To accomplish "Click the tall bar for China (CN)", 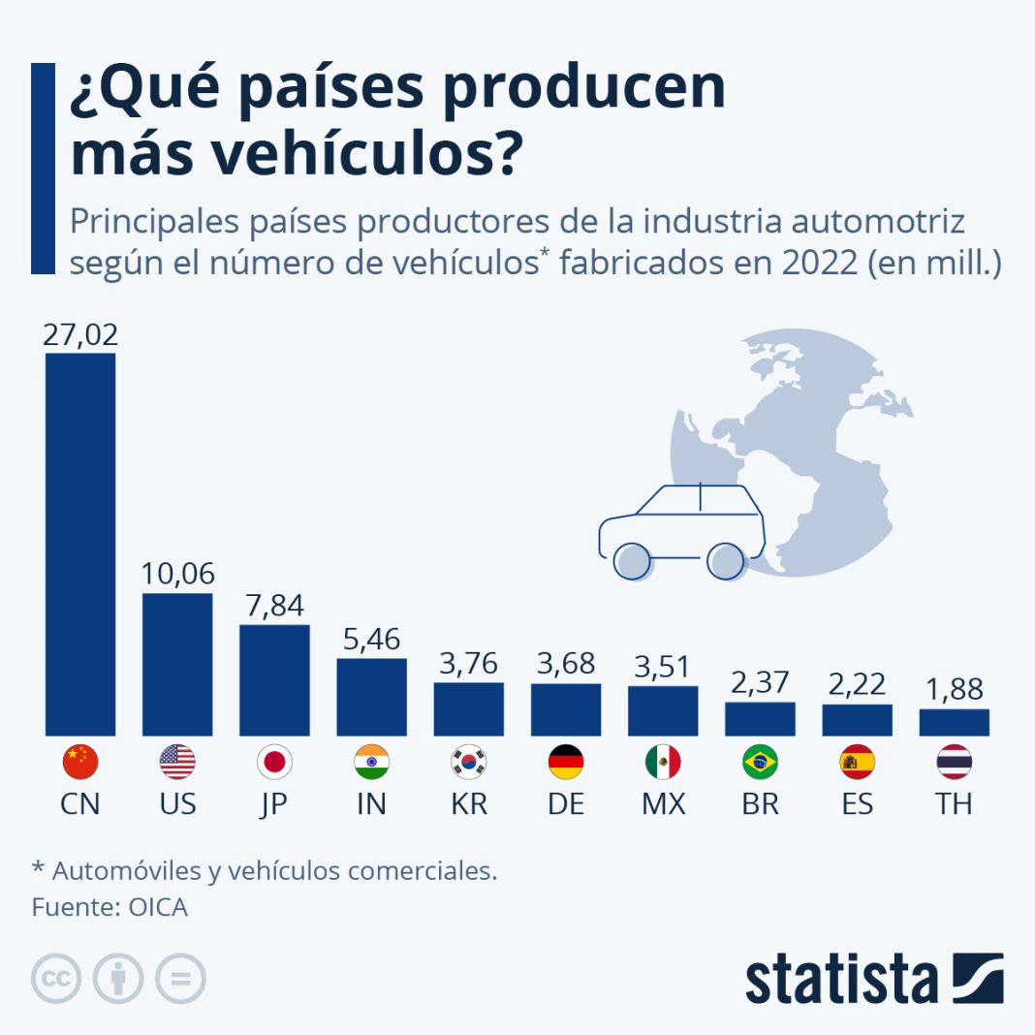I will tap(80, 544).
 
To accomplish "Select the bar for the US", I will tap(177, 664).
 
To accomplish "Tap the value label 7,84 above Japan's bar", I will tap(274, 606).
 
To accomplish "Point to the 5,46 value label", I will tap(371, 640).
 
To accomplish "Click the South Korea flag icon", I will tap(469, 763).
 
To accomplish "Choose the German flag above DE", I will tap(566, 763).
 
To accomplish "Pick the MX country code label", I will tap(663, 804).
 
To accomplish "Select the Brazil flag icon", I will tap(760, 763).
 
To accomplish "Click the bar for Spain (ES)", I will tap(857, 719).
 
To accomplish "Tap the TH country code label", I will tap(955, 804).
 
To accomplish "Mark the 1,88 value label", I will tap(955, 689).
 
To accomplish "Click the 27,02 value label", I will tap(80, 335).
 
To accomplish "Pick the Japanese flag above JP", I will tap(274, 763).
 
